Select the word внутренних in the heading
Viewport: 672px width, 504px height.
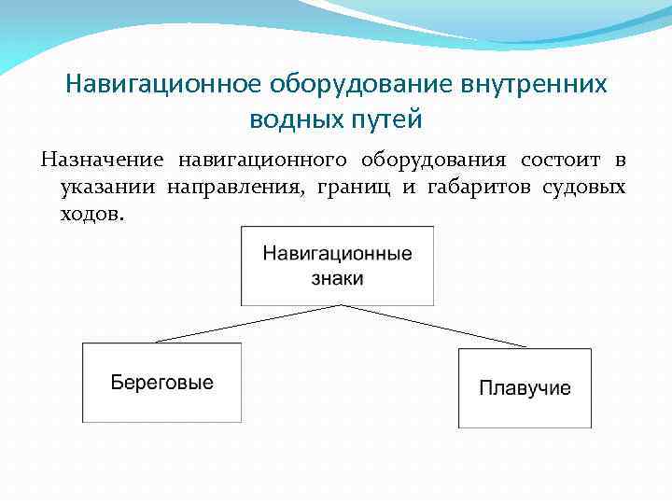(x=533, y=84)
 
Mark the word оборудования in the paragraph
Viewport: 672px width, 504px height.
(x=433, y=160)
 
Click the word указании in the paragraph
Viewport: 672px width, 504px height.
(x=108, y=187)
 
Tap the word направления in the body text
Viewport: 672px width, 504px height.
(x=234, y=187)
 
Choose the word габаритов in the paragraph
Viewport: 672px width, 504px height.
(x=472, y=187)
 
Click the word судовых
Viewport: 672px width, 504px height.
(x=582, y=187)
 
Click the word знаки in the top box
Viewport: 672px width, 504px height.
(x=337, y=278)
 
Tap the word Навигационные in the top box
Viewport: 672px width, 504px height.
(x=337, y=254)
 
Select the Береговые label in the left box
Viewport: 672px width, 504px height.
(x=162, y=383)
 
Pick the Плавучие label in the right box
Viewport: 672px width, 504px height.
(x=525, y=388)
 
